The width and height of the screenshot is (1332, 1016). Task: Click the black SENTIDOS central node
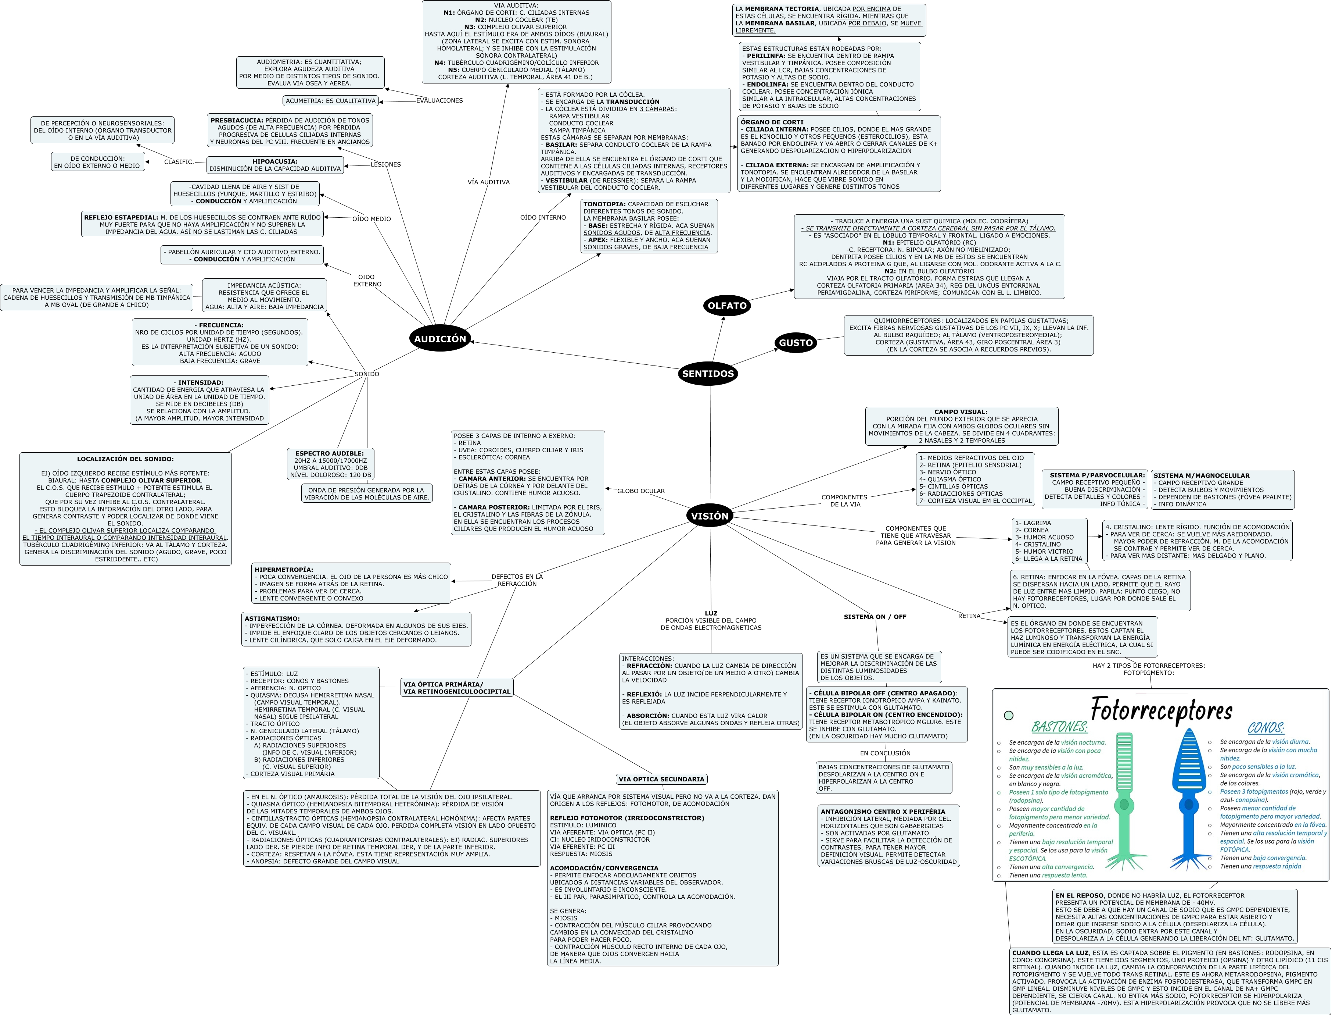coord(708,374)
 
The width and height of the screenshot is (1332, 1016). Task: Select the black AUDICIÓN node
coord(440,339)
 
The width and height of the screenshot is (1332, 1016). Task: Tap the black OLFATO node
coord(727,306)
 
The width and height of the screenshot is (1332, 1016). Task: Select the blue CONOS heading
coord(1265,728)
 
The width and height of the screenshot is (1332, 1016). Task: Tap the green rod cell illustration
coord(1124,798)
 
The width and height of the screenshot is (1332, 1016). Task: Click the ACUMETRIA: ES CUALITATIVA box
coord(331,101)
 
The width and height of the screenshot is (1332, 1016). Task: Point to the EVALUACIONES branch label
coord(439,100)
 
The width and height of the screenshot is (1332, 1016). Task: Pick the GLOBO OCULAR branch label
coord(640,491)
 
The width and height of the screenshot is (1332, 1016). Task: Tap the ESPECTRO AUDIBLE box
coord(331,464)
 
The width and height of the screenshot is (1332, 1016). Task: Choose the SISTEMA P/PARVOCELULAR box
coord(1095,489)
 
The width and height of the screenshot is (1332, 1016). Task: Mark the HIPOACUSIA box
coord(275,165)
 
